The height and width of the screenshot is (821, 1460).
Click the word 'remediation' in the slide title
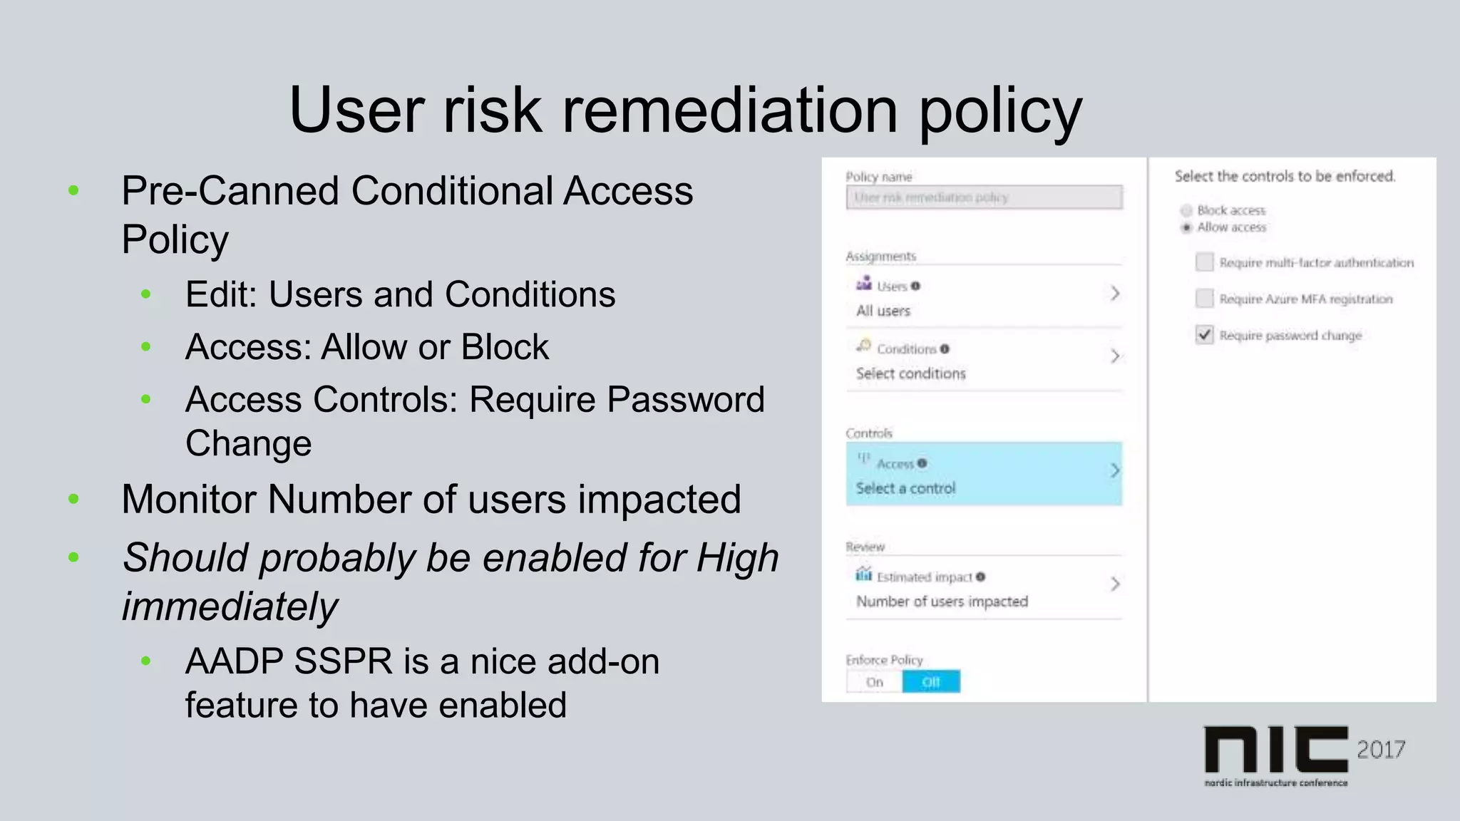730,110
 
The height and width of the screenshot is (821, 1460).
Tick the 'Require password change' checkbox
1204,335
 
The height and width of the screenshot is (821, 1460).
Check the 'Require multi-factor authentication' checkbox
1204,262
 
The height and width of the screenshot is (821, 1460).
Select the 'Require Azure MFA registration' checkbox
1204,299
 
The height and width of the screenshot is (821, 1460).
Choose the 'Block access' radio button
1186,210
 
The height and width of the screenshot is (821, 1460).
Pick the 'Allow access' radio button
1186,227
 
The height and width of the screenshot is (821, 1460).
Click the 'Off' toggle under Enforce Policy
931,682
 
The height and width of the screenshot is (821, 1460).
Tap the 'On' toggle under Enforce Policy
875,682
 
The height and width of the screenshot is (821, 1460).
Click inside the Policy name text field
984,197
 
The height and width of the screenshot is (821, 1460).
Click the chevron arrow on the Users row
1115,293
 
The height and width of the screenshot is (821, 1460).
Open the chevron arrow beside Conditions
1115,356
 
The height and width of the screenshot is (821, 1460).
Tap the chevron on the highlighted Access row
1115,470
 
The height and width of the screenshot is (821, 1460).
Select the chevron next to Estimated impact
1115,584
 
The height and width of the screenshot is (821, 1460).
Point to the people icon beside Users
864,284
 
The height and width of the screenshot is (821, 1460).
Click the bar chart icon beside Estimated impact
864,574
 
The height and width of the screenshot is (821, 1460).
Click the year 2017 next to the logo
1381,750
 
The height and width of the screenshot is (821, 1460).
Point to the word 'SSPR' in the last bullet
342,661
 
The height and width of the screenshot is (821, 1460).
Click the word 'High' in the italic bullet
737,557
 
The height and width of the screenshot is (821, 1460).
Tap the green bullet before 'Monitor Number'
73,500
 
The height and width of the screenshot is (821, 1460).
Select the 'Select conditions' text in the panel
911,373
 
